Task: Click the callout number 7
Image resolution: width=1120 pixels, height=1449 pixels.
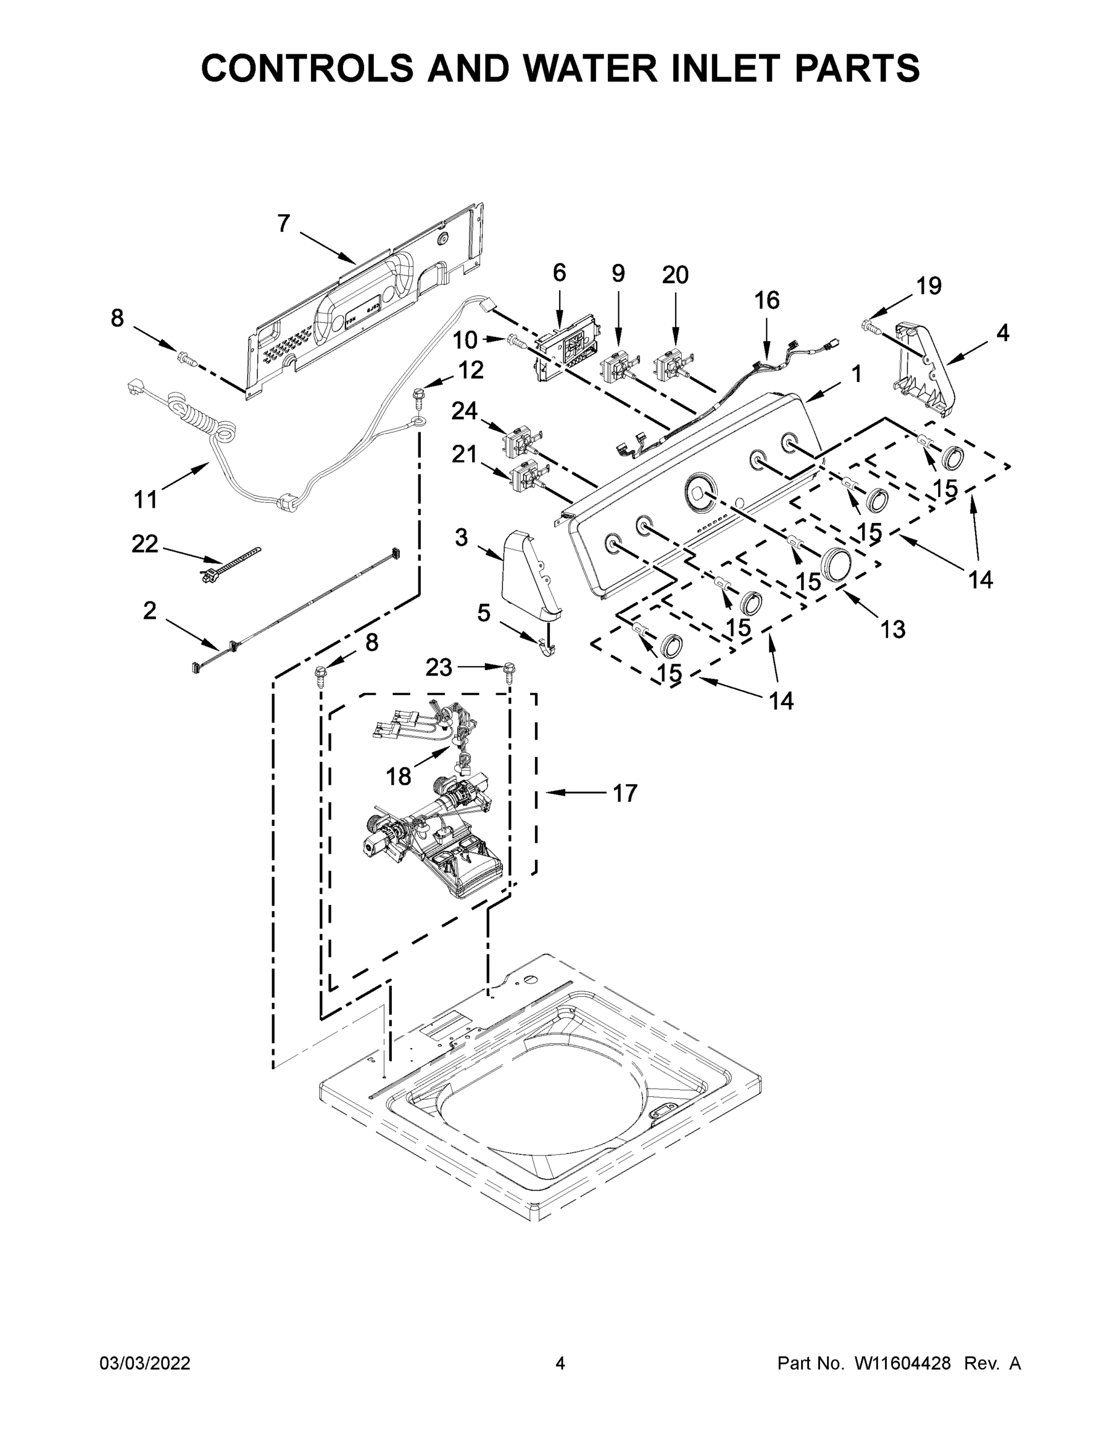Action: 283,224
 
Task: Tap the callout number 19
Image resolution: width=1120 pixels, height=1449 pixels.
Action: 929,286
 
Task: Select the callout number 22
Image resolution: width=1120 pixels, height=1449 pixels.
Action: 145,544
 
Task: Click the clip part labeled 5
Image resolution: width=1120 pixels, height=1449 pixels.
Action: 548,645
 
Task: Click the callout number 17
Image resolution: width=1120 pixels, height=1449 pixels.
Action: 624,793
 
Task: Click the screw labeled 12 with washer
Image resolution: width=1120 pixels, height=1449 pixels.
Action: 418,398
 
